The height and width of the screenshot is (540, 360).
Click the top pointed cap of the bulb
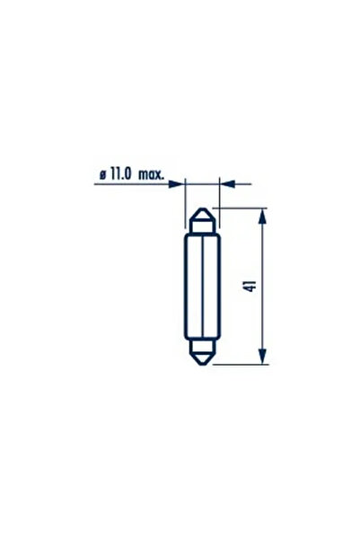point(201,218)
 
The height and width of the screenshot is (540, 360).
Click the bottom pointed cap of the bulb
point(201,353)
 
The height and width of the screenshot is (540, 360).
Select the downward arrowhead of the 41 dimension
point(262,357)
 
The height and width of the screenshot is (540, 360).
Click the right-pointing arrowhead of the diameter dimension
point(179,184)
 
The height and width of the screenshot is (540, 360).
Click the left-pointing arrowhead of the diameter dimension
point(224,184)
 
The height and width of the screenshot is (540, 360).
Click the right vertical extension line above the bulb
point(218,193)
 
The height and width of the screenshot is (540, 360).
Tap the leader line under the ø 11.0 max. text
point(135,184)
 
